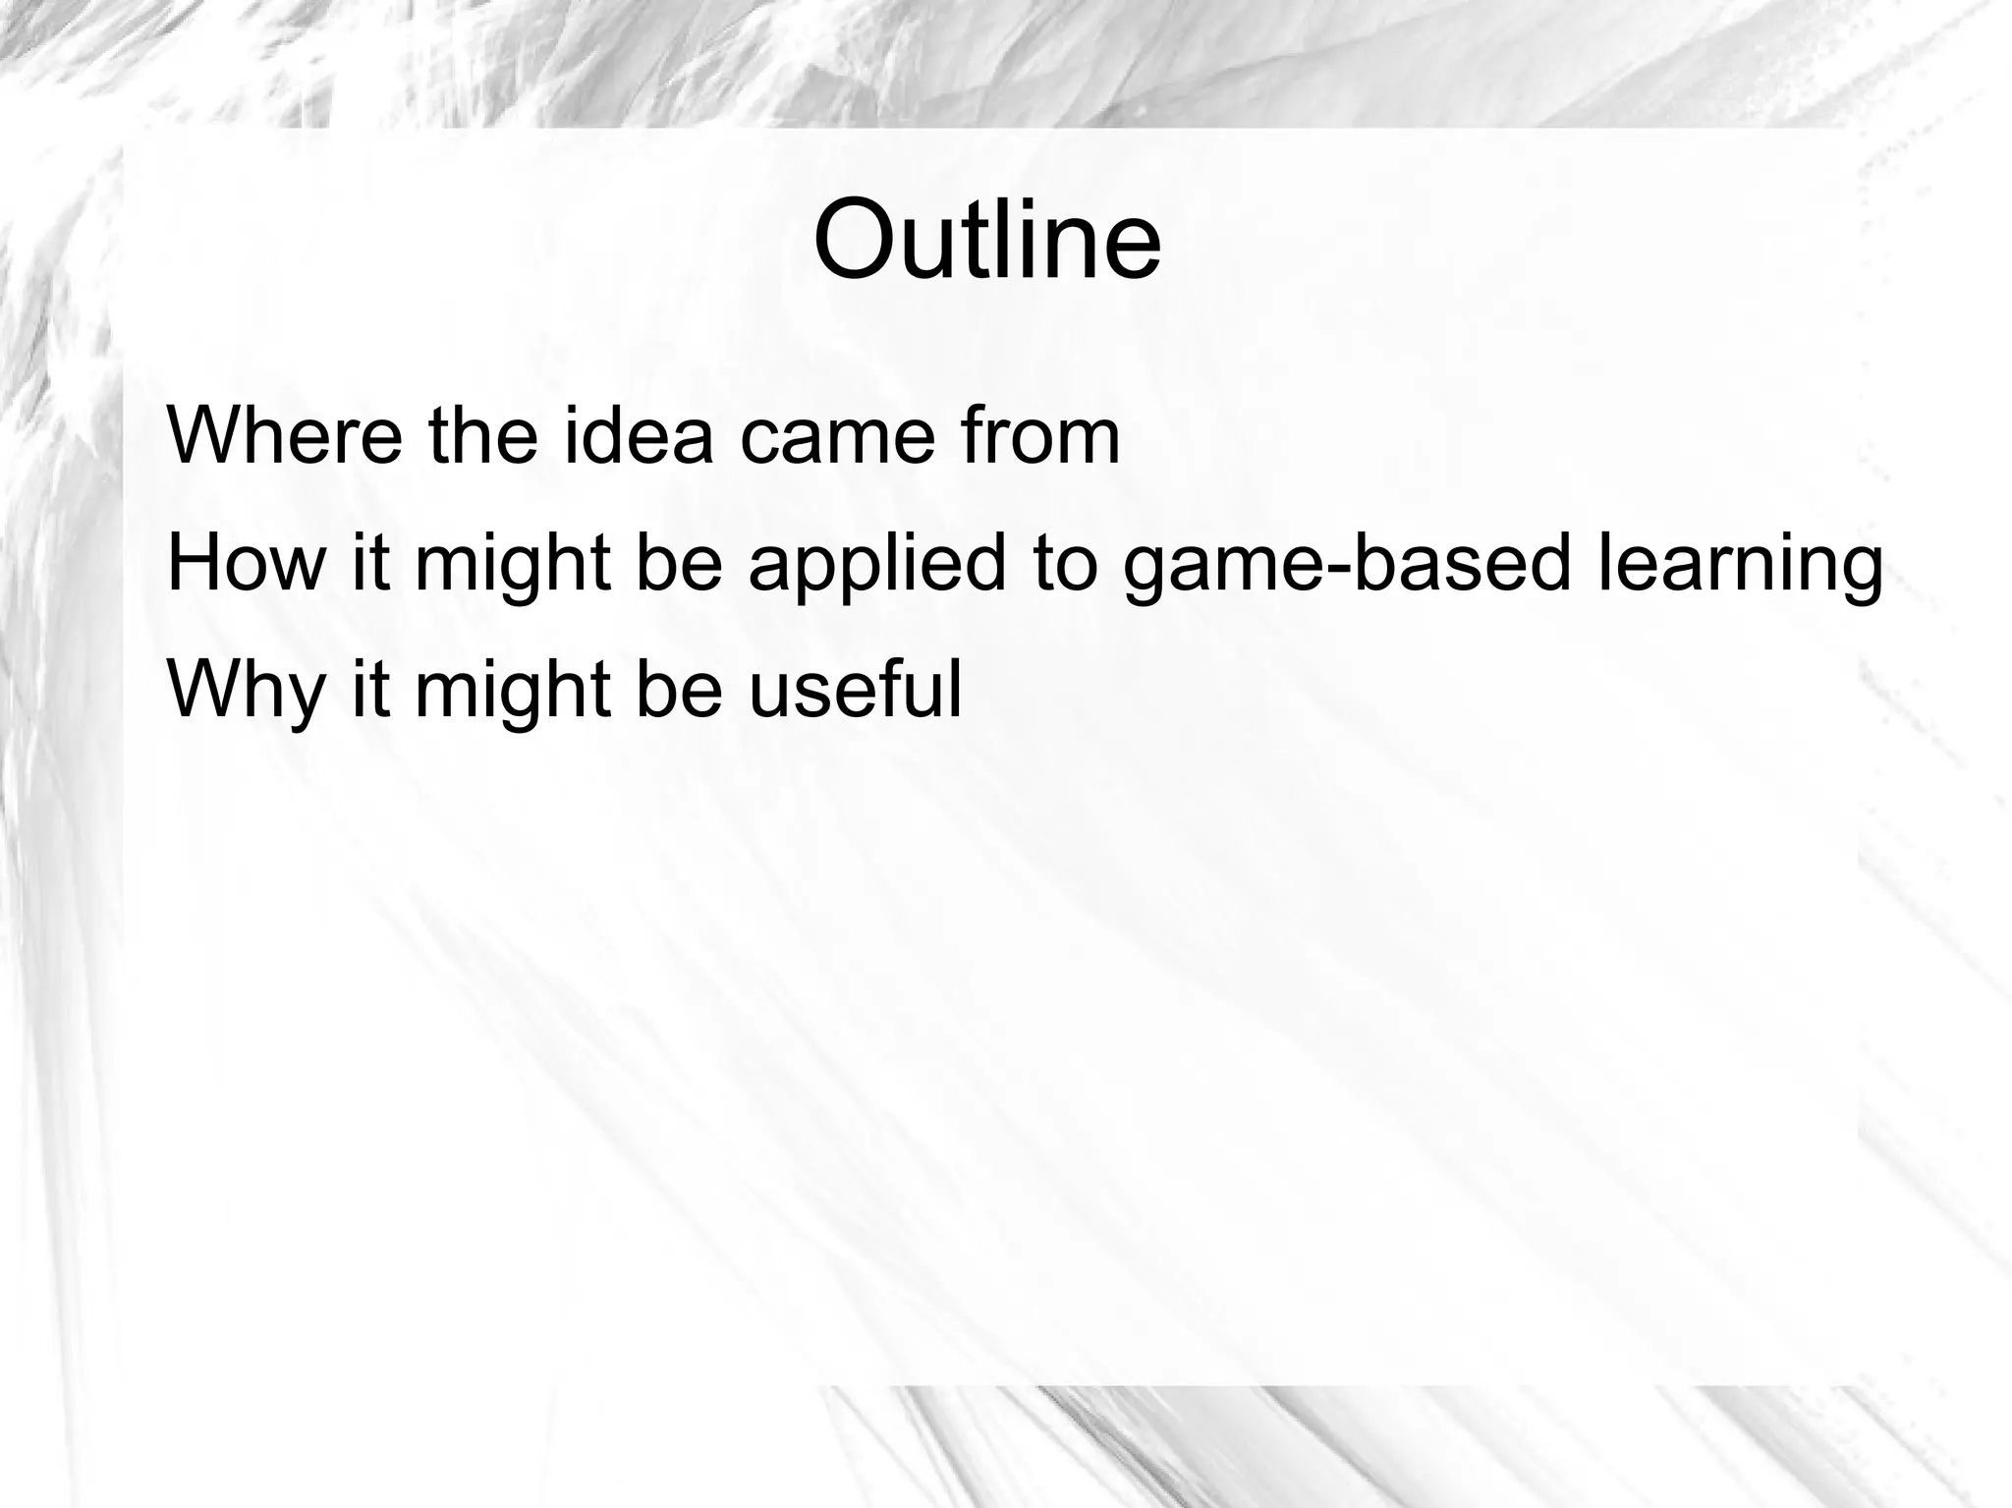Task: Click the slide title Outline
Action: point(987,239)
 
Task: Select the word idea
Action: point(639,435)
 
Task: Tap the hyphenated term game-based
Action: point(1347,565)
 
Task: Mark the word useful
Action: point(856,689)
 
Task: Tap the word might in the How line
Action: point(513,565)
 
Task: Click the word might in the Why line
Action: point(513,691)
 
